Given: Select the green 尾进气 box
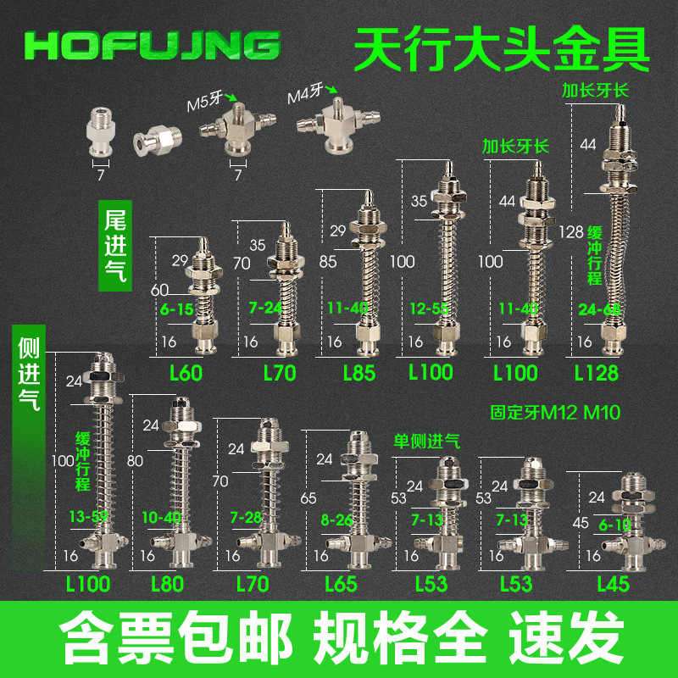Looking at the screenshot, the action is [115, 245].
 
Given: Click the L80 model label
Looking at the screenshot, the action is [167, 583].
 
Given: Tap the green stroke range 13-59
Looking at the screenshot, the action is [86, 514].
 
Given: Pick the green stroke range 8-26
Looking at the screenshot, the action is [328, 516].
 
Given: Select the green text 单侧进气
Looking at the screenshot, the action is [426, 442].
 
